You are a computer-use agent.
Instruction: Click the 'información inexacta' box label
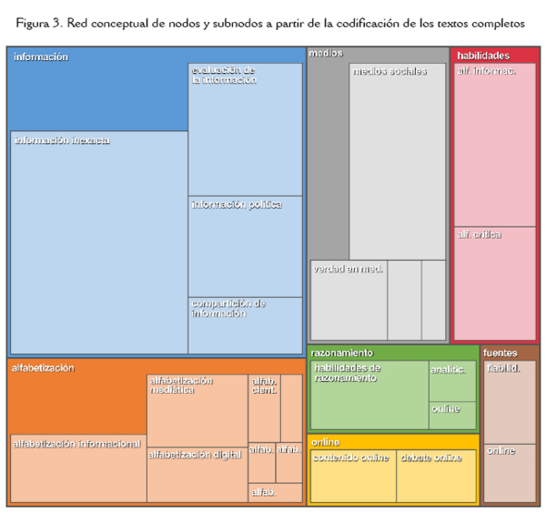pyautogui.click(x=62, y=141)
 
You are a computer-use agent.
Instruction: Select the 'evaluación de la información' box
pyautogui.click(x=245, y=128)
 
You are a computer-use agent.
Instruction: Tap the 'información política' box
pyautogui.click(x=245, y=246)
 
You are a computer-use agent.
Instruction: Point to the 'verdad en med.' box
pyautogui.click(x=349, y=301)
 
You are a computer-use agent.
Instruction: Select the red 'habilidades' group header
pyautogui.click(x=483, y=56)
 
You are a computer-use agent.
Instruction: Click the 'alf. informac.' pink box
pyautogui.click(x=495, y=146)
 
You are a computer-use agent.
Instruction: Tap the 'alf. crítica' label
pyautogui.click(x=480, y=235)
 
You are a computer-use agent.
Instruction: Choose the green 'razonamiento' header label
pyautogui.click(x=342, y=353)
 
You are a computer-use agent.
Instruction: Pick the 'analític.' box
pyautogui.click(x=451, y=381)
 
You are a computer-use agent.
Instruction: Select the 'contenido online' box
pyautogui.click(x=351, y=476)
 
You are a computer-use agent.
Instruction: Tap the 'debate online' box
pyautogui.click(x=436, y=476)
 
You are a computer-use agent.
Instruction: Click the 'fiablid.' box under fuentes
pyautogui.click(x=509, y=401)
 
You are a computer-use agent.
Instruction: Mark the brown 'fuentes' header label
pyautogui.click(x=500, y=353)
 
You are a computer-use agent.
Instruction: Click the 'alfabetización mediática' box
pyautogui.click(x=197, y=410)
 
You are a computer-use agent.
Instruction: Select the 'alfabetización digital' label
pyautogui.click(x=196, y=453)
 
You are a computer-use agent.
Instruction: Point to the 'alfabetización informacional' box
pyautogui.click(x=77, y=469)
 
